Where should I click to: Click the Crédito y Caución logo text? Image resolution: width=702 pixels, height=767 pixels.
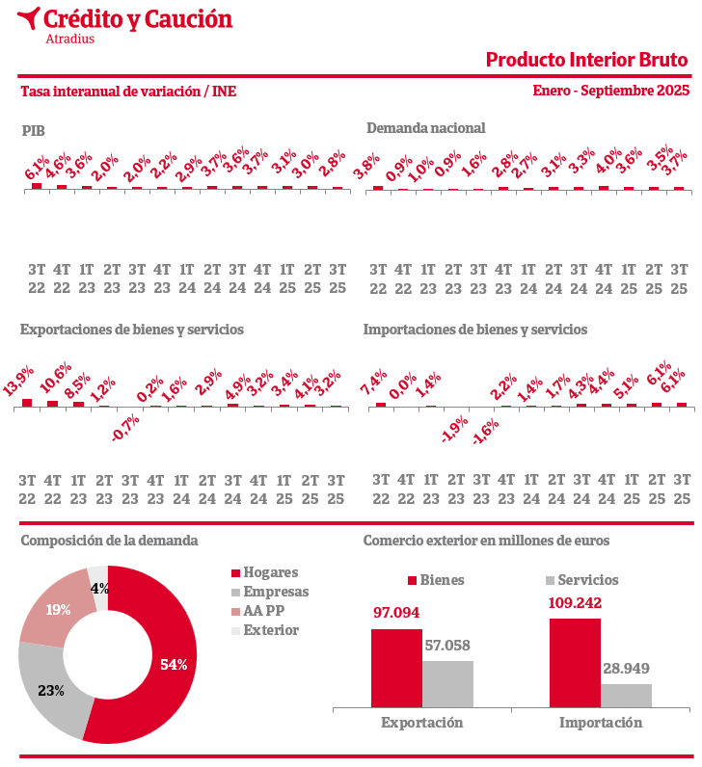click(138, 19)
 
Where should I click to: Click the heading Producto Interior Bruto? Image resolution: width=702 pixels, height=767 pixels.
click(586, 60)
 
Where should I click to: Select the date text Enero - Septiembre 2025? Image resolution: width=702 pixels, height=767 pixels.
click(610, 91)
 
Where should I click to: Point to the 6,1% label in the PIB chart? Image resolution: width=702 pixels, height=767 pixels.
click(38, 169)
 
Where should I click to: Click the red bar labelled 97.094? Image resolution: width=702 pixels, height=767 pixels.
click(396, 669)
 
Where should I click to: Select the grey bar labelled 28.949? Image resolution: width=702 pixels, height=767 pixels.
click(626, 696)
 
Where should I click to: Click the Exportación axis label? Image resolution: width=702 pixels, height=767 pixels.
click(421, 723)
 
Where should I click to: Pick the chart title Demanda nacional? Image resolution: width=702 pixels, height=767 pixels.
click(425, 128)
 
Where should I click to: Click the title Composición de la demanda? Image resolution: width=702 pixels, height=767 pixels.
click(109, 541)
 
